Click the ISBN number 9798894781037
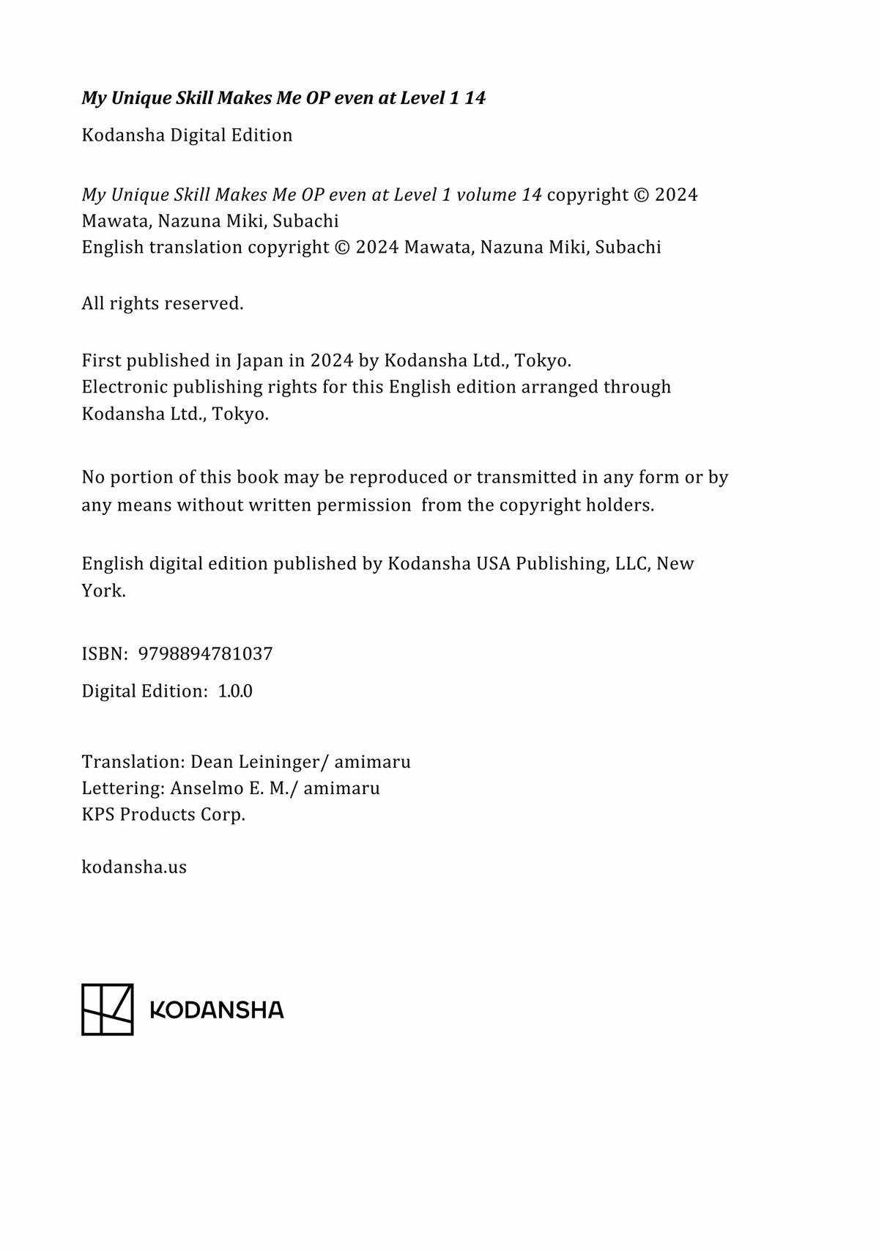click(205, 653)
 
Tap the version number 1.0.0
click(235, 691)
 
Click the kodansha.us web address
click(134, 867)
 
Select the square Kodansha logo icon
click(107, 1009)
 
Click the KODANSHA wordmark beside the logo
click(216, 1010)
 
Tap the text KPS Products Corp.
click(163, 815)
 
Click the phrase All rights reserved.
click(162, 303)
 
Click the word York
click(103, 590)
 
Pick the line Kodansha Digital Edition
click(187, 135)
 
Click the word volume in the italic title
click(486, 195)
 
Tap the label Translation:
click(133, 762)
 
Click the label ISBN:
click(105, 653)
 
